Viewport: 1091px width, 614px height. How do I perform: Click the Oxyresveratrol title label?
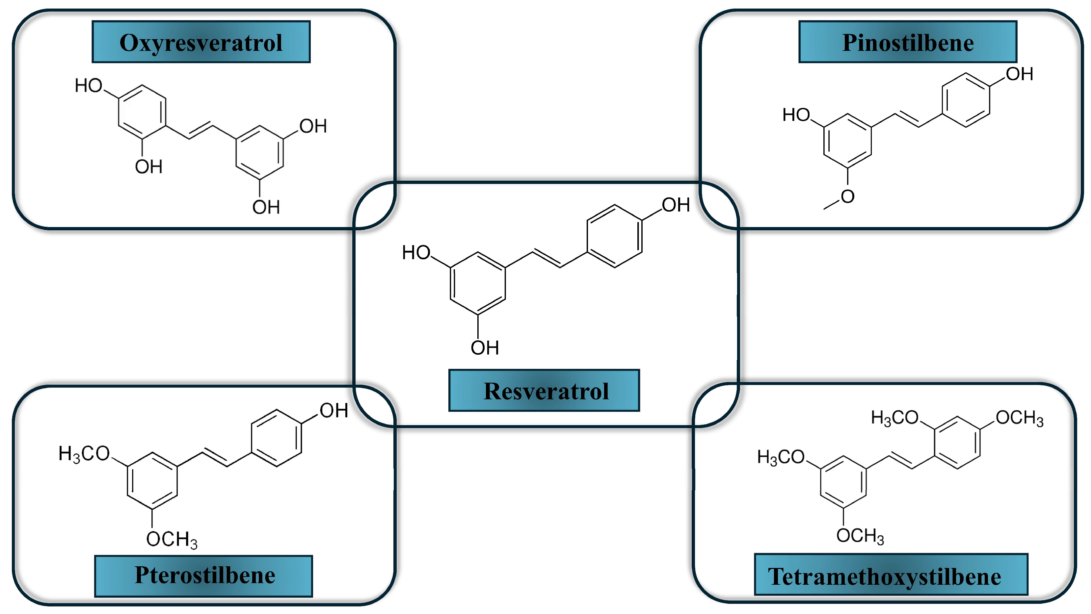point(201,42)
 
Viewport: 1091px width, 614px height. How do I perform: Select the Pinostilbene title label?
point(908,42)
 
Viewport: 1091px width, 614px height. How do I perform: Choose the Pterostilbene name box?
point(204,576)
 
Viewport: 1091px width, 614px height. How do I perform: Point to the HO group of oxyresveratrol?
point(89,86)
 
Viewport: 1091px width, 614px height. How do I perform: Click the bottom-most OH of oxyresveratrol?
point(266,207)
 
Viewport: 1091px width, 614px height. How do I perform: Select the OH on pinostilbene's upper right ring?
point(1020,74)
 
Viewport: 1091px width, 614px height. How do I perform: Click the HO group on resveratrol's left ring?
point(416,252)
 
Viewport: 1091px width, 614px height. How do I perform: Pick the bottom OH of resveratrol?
point(485,348)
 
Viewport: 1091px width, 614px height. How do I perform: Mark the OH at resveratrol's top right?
point(676,205)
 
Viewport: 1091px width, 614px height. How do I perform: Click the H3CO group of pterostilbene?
point(84,454)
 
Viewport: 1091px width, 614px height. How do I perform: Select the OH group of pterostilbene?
point(334,410)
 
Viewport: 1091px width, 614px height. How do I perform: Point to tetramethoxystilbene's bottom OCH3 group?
point(860,536)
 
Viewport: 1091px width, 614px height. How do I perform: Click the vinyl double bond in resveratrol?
point(547,258)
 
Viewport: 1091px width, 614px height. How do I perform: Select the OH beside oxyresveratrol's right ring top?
point(313,126)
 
